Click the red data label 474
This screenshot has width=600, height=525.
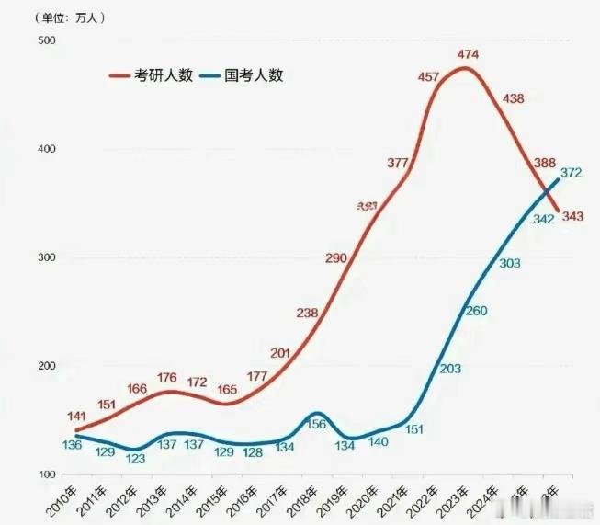pyautogui.click(x=468, y=56)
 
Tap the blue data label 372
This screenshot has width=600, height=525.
pyautogui.click(x=571, y=172)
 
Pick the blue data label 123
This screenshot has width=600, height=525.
pyautogui.click(x=135, y=457)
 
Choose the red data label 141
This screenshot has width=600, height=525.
pyautogui.click(x=77, y=417)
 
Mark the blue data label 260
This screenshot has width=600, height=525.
pyautogui.click(x=476, y=311)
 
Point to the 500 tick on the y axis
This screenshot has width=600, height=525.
pyautogui.click(x=46, y=40)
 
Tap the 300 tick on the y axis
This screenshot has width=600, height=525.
pyautogui.click(x=46, y=257)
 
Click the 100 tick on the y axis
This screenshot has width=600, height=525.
pyautogui.click(x=46, y=474)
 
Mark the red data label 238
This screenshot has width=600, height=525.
pyautogui.click(x=307, y=314)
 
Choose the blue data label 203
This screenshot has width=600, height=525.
pyautogui.click(x=450, y=368)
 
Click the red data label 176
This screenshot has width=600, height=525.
pyautogui.click(x=167, y=377)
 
